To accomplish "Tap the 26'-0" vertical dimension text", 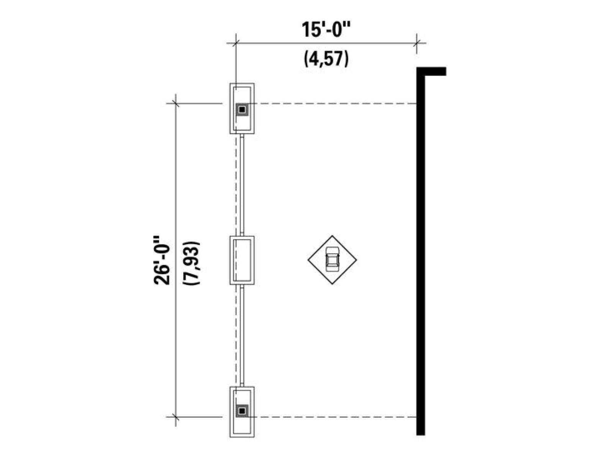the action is coord(162,261).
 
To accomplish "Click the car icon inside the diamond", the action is coord(332,259).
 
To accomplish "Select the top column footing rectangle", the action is coord(242,108).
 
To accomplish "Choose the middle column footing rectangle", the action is coord(242,260).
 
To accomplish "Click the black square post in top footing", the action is coord(242,109).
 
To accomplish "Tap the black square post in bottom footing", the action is coord(242,411).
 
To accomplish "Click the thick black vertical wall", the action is coord(421,251).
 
